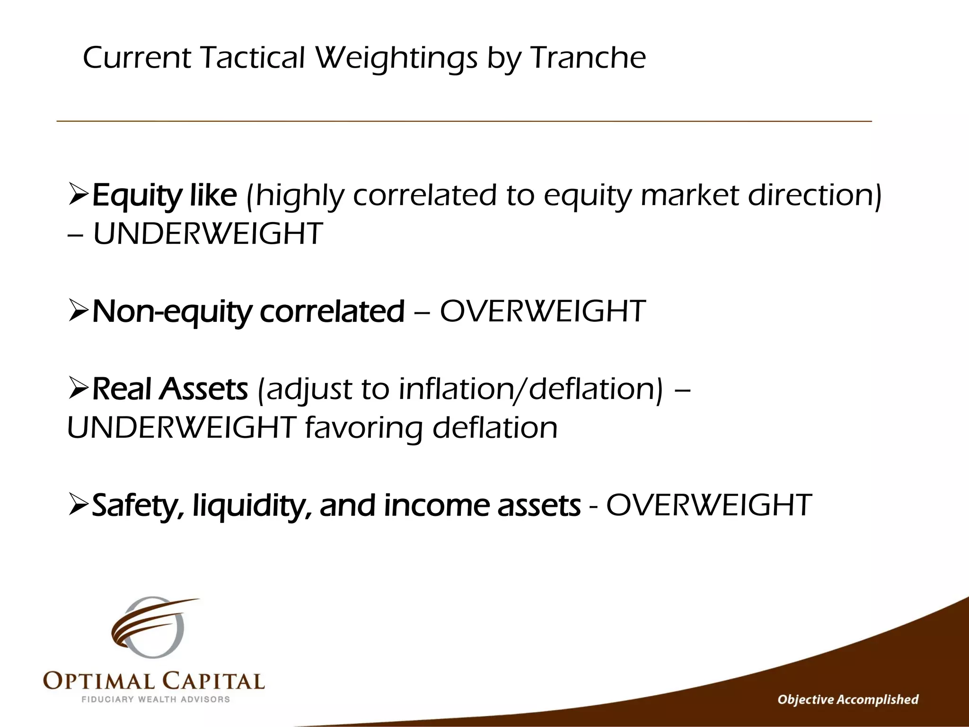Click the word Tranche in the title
click(588, 58)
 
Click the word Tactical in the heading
click(253, 58)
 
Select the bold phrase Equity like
click(164, 195)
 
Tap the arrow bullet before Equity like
click(78, 195)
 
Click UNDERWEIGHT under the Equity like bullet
click(208, 234)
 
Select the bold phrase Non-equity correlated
click(248, 311)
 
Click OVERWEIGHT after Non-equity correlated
click(543, 311)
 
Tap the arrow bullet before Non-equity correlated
click(78, 310)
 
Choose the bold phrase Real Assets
click(170, 389)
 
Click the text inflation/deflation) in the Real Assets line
click(530, 389)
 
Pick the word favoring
click(363, 428)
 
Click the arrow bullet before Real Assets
click(78, 388)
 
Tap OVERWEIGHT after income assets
click(709, 505)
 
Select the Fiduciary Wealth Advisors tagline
click(156, 700)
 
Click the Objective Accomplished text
click(848, 700)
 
